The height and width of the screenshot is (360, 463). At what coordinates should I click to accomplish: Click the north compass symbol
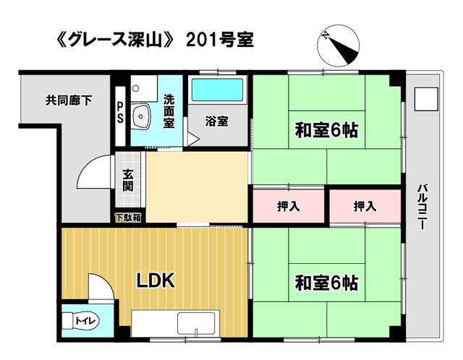339,46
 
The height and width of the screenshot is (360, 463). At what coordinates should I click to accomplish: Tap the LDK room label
156,280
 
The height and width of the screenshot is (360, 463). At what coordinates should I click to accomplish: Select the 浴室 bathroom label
217,121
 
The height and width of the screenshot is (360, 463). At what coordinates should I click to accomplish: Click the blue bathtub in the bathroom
217,90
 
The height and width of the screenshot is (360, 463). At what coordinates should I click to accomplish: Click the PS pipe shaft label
120,113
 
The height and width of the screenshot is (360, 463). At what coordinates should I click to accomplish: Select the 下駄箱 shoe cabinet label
128,218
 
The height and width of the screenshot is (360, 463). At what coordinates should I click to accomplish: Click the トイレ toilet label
85,320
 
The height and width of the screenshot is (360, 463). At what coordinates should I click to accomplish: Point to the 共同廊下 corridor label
69,100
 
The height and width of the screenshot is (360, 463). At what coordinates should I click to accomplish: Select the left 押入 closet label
289,206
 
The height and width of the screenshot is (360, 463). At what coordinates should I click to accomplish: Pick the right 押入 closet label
365,206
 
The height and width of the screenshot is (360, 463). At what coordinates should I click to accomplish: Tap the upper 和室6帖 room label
327,130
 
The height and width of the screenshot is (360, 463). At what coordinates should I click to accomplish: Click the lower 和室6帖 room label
327,283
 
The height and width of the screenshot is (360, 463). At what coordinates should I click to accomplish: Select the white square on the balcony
426,99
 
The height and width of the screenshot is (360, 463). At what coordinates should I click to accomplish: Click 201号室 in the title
220,40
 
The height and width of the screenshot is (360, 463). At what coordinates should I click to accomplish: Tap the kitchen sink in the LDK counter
196,324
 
